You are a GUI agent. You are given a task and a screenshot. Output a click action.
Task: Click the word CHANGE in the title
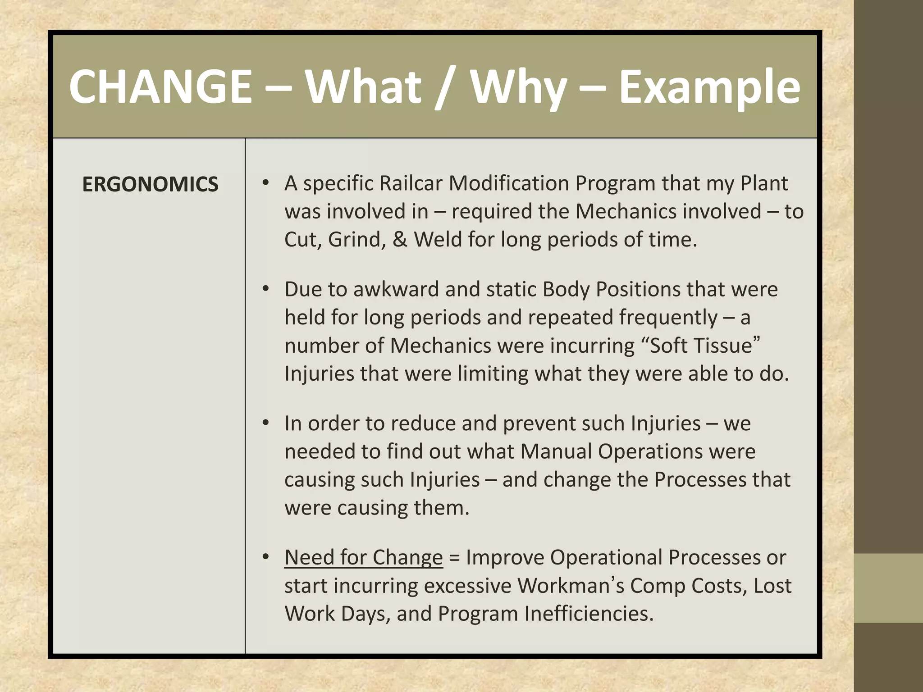click(160, 86)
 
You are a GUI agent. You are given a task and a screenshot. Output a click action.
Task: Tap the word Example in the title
click(709, 86)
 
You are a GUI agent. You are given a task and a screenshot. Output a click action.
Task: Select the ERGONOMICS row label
click(150, 184)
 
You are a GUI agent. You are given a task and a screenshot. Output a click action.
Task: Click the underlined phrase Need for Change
click(364, 557)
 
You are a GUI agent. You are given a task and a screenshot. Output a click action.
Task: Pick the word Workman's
click(571, 586)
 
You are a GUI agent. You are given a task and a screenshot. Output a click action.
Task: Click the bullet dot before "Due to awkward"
click(266, 288)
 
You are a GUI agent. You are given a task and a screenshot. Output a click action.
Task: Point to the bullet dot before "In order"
click(266, 423)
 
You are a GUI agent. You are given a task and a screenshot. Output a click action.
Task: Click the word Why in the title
click(519, 86)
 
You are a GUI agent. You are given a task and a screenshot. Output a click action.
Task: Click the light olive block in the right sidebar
click(888, 588)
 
